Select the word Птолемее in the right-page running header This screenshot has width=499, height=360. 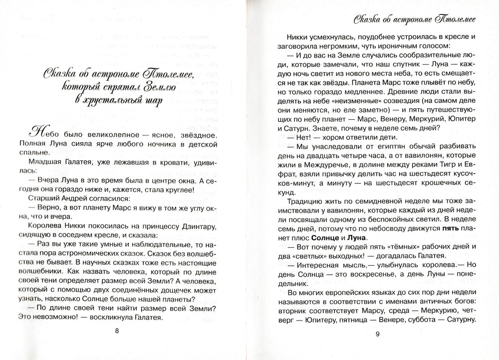[x=452, y=20]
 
